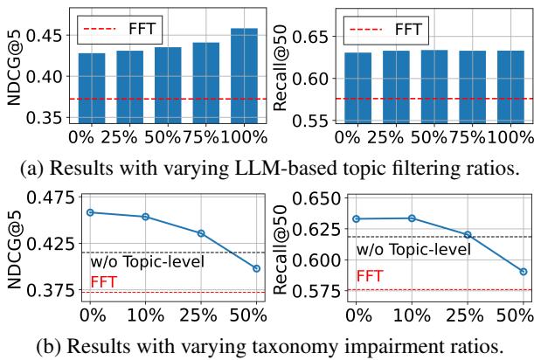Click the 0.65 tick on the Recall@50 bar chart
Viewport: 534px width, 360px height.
tap(306, 38)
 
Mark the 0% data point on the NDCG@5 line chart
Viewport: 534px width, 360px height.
tap(91, 212)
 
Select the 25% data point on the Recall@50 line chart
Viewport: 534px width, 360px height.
tap(468, 234)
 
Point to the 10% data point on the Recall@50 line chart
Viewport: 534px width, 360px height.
tap(412, 218)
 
